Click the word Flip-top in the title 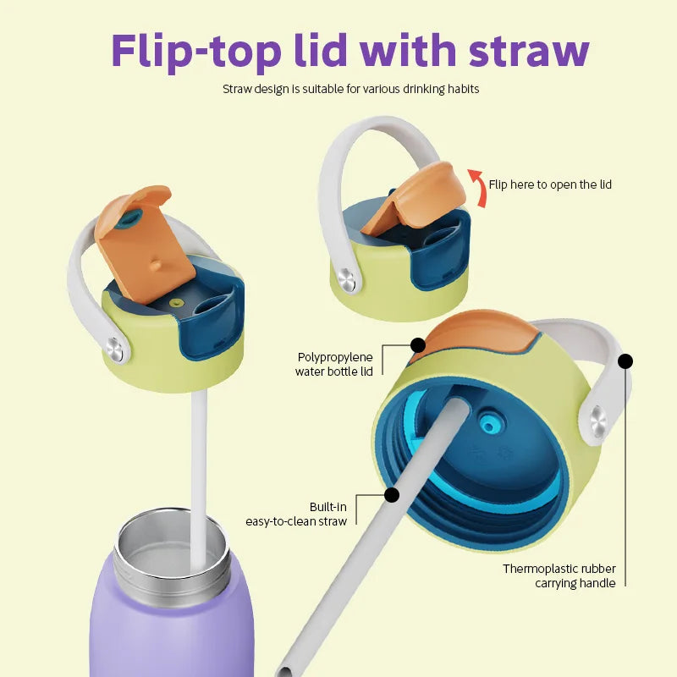[196, 52]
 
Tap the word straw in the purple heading [529, 51]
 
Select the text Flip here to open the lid [550, 184]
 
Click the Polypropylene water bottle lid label [334, 365]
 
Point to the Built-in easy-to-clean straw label [296, 514]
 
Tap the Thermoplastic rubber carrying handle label [559, 575]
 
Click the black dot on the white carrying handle [625, 361]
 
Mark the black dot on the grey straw [392, 495]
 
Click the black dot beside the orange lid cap [417, 345]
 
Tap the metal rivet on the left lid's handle [115, 349]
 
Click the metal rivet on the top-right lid [347, 280]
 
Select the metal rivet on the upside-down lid [598, 420]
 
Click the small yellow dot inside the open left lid [175, 302]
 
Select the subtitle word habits [463, 89]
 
